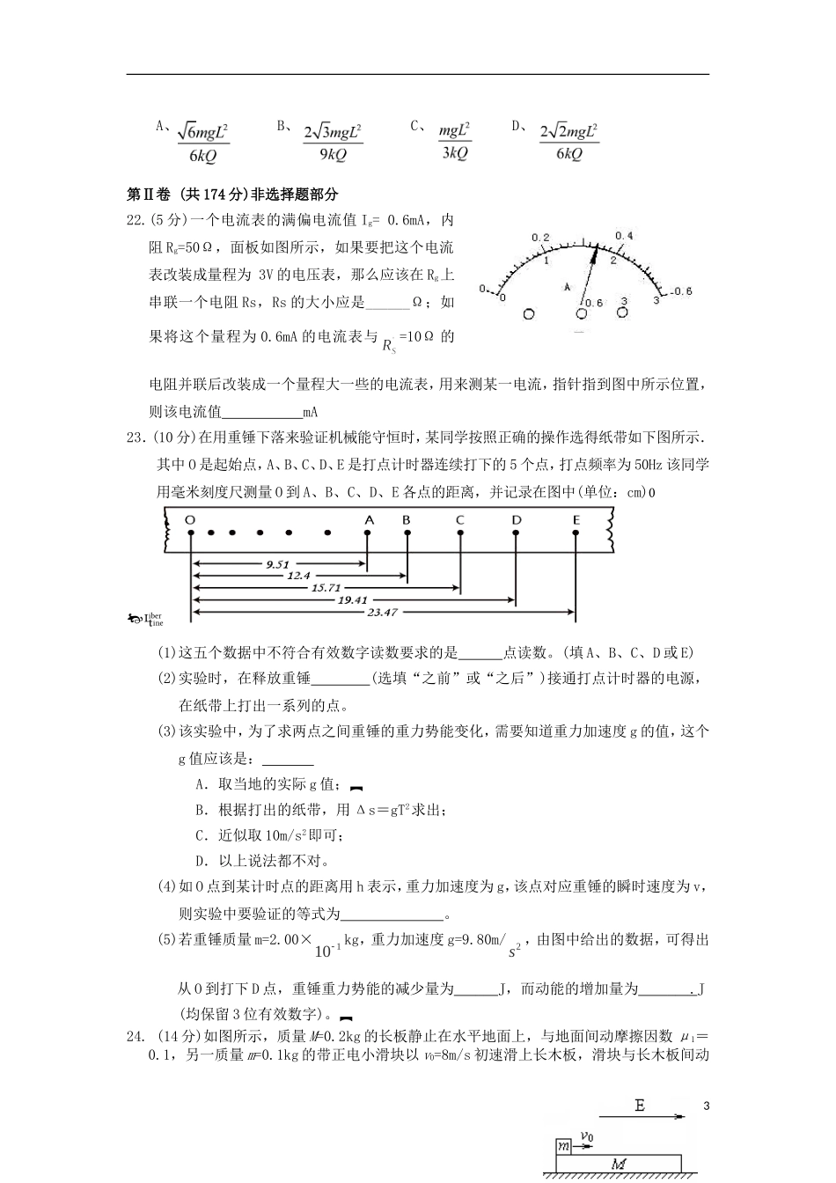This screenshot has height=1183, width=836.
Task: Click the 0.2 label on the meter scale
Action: click(540, 238)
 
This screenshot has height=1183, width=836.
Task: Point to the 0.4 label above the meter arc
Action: click(624, 236)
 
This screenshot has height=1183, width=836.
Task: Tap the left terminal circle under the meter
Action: click(529, 313)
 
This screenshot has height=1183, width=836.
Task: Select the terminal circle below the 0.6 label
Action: click(582, 313)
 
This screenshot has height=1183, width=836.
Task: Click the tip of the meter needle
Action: click(596, 248)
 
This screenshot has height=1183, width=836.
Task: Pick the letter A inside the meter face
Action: click(568, 286)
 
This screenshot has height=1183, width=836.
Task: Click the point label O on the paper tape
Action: click(190, 520)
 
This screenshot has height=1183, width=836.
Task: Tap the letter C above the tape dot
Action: click(459, 520)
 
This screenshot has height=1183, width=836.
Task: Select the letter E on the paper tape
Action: click(576, 520)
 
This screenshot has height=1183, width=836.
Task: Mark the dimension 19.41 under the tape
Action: click(352, 599)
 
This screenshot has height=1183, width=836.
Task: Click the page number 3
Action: click(706, 1105)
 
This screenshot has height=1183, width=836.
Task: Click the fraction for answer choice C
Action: click(455, 141)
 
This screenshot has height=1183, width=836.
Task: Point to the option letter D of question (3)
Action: click(201, 861)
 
